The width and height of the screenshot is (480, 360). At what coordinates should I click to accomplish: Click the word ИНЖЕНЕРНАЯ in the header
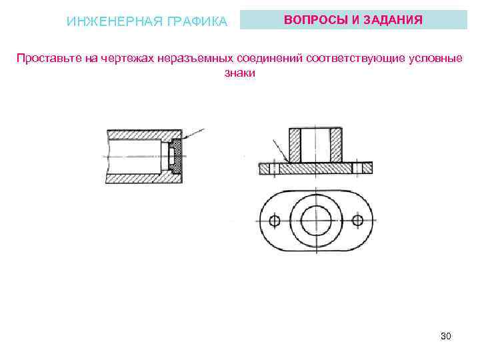tap(109, 22)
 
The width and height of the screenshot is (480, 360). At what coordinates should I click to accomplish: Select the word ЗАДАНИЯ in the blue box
tap(391, 19)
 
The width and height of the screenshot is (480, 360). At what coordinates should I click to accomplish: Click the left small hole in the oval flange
tap(273, 221)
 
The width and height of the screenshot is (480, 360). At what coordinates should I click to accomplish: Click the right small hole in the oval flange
tap(358, 220)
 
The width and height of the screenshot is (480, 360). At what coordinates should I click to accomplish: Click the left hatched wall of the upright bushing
tap(294, 145)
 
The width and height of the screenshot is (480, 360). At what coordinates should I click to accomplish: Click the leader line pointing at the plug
tap(197, 134)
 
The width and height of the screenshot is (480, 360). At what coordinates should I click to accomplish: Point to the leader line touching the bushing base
tap(279, 149)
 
